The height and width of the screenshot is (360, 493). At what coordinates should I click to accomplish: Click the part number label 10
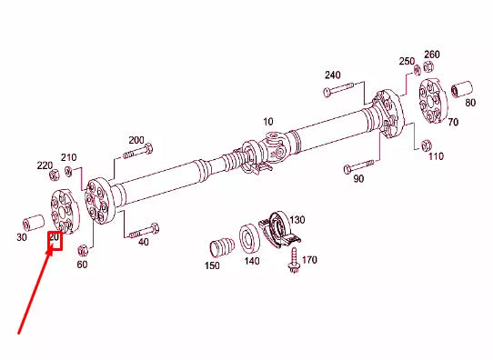[268, 121]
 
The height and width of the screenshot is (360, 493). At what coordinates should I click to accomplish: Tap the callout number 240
[332, 75]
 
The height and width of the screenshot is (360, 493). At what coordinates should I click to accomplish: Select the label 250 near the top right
[406, 61]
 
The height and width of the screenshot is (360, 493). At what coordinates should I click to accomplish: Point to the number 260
[431, 55]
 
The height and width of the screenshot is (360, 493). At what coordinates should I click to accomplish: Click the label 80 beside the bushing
[470, 103]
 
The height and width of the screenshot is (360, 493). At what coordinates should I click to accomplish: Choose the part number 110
[436, 156]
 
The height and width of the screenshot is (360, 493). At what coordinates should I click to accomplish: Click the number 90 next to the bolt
[358, 179]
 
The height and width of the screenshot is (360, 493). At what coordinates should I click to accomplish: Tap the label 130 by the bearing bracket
[297, 220]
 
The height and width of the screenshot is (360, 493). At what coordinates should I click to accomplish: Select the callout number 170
[309, 261]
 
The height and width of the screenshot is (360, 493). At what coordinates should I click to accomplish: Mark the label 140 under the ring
[252, 261]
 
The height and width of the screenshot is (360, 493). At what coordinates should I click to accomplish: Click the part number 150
[213, 265]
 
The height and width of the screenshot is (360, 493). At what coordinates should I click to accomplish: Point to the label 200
[136, 140]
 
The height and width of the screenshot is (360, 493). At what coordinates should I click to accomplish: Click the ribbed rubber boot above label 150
[218, 246]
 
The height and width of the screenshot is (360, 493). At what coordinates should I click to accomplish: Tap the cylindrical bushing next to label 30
[35, 221]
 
